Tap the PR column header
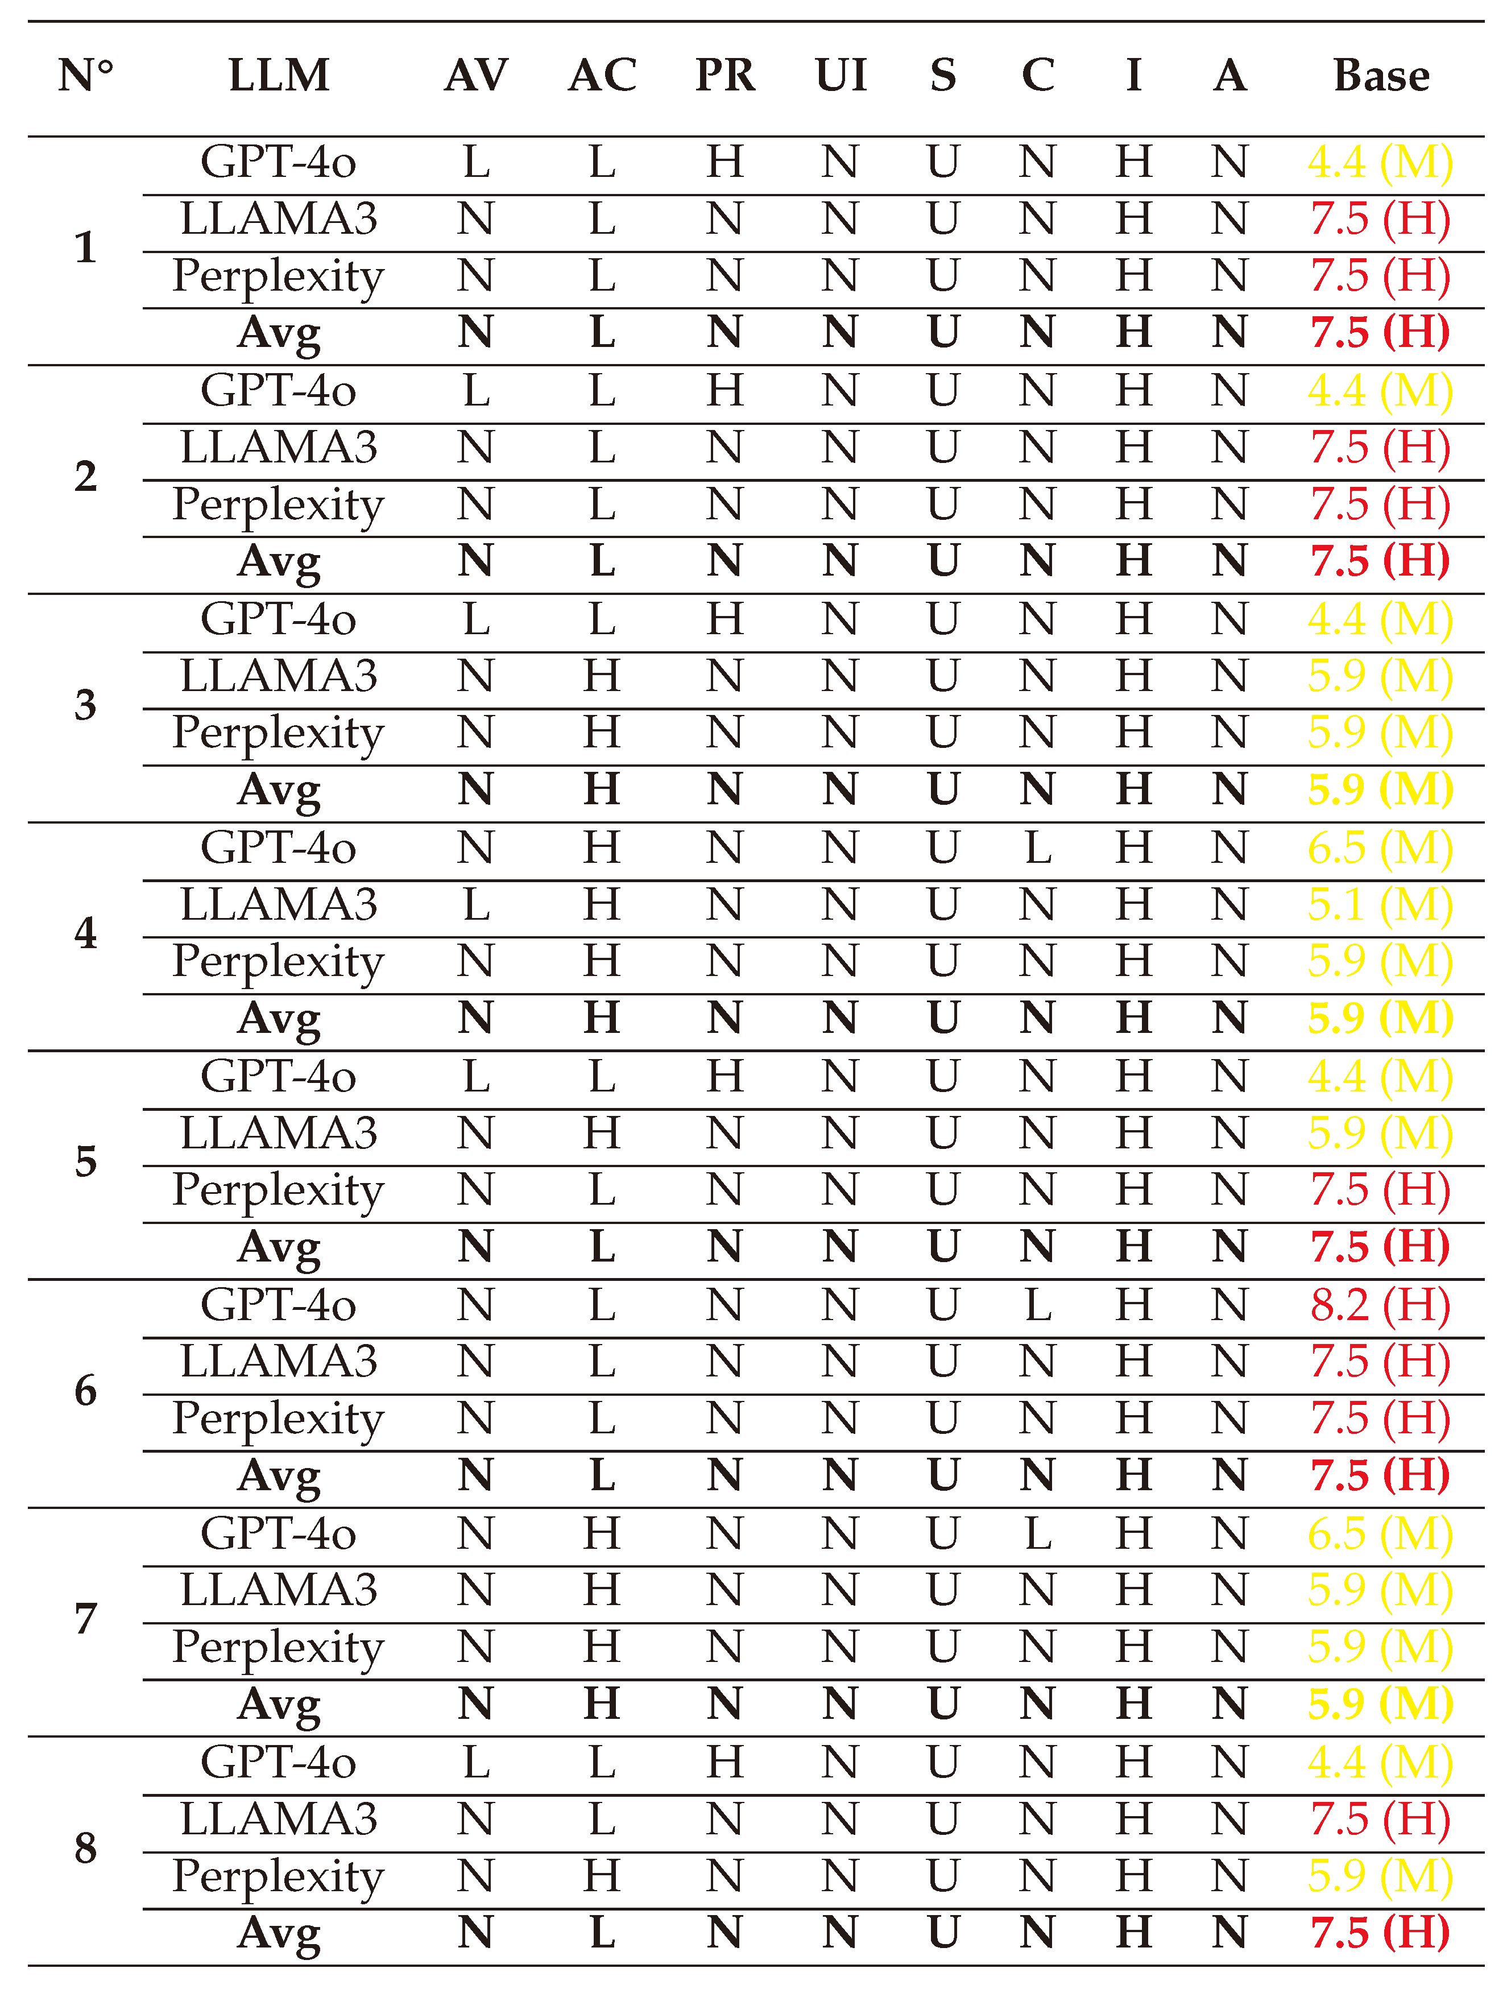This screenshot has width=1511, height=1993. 725,76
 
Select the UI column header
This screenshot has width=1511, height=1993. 841,76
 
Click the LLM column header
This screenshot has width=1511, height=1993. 279,76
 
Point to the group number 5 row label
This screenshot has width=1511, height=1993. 86,1161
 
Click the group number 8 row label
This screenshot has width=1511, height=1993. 86,1848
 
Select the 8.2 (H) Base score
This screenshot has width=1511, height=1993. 1380,1305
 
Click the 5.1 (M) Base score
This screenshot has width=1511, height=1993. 1380,904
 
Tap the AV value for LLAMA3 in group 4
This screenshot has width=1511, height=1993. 476,904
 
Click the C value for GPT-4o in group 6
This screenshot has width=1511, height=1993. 1038,1305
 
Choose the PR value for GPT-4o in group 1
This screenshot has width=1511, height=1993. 725,162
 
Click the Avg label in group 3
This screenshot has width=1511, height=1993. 279,790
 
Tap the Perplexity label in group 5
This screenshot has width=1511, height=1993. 279,1190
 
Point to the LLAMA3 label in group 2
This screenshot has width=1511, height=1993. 279,448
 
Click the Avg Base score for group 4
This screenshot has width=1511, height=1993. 1380,1018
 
